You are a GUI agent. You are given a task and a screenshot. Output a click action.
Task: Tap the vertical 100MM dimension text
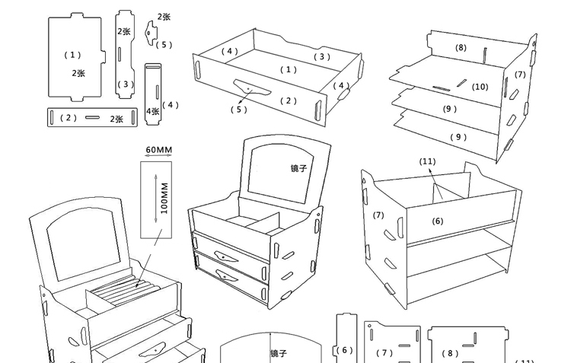point(165,197)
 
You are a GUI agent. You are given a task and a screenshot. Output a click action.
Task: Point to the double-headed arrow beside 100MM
point(155,197)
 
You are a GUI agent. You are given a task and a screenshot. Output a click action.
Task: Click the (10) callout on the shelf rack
point(480,87)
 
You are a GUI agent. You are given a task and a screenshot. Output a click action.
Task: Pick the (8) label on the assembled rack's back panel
point(461,47)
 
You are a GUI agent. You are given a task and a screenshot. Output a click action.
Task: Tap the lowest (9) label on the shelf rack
point(458,137)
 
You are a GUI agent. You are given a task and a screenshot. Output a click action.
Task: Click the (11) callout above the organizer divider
point(427,161)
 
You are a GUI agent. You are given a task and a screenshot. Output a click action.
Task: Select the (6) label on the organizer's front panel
point(438,221)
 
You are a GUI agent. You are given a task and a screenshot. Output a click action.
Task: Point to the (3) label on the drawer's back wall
point(322,56)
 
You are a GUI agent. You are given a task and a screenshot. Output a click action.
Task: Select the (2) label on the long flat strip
point(69,118)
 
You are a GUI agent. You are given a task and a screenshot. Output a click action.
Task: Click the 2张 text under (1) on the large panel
point(78,73)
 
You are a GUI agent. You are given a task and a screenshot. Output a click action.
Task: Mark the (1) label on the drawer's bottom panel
point(288,69)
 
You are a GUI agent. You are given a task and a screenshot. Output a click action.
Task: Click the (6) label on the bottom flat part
point(346,350)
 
